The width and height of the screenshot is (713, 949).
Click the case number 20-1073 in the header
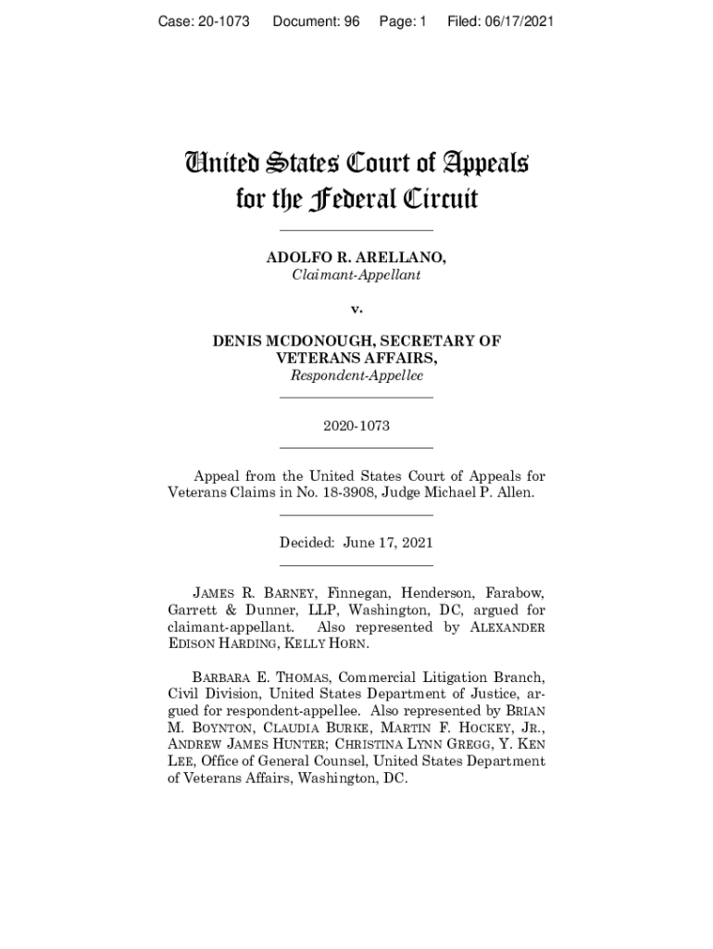[x=220, y=20]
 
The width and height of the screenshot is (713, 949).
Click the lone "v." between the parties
[x=356, y=308]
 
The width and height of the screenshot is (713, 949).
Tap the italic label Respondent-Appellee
[x=356, y=375]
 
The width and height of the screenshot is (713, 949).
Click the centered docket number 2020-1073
[x=356, y=426]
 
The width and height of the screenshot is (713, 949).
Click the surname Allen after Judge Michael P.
[x=516, y=493]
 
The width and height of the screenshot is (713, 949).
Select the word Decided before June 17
[x=307, y=543]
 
